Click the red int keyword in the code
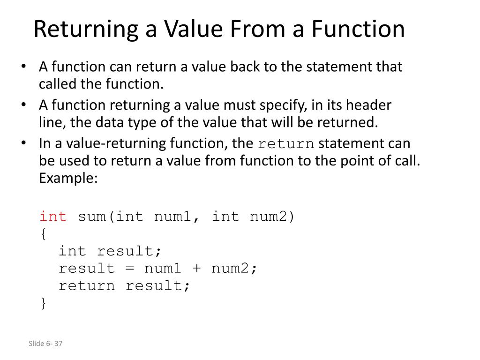tap(53, 217)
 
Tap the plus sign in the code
tap(196, 269)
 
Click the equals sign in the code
tap(129, 269)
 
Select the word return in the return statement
tap(87, 286)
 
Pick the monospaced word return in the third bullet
tap(286, 143)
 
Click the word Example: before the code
tap(68, 178)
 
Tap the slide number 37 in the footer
tap(58, 344)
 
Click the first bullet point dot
tap(24, 67)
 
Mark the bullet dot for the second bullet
tap(24, 105)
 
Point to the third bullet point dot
tap(24, 143)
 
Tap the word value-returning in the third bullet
tap(116, 143)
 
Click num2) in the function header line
tap(272, 217)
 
